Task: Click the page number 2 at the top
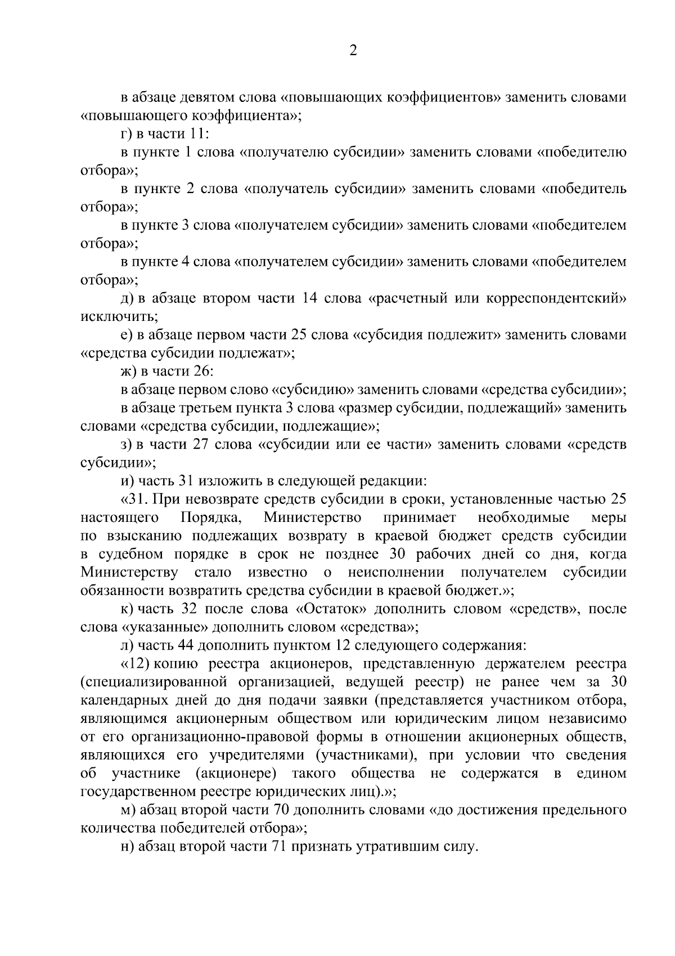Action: [353, 51]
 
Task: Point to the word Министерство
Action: [312, 517]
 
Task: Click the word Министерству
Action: [129, 573]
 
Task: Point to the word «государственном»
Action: [137, 792]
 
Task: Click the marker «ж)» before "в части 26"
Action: [129, 372]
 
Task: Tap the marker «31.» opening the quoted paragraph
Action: [134, 499]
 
